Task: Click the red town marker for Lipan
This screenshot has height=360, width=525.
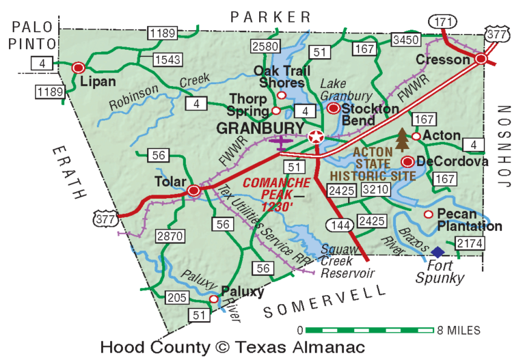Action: pyautogui.click(x=79, y=68)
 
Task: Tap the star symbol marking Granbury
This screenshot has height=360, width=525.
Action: pyautogui.click(x=315, y=137)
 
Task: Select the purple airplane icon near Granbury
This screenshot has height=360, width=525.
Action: pyautogui.click(x=280, y=142)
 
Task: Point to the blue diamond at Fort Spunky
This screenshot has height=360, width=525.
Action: pyautogui.click(x=437, y=252)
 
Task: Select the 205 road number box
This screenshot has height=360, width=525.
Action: pyautogui.click(x=177, y=297)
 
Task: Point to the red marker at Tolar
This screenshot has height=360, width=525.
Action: pyautogui.click(x=194, y=191)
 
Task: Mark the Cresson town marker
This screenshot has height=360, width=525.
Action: pyautogui.click(x=481, y=59)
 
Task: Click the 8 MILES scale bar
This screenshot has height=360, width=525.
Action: pyautogui.click(x=369, y=331)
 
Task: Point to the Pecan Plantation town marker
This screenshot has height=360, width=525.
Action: pyautogui.click(x=429, y=214)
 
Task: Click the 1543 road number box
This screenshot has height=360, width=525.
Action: pyautogui.click(x=167, y=60)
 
